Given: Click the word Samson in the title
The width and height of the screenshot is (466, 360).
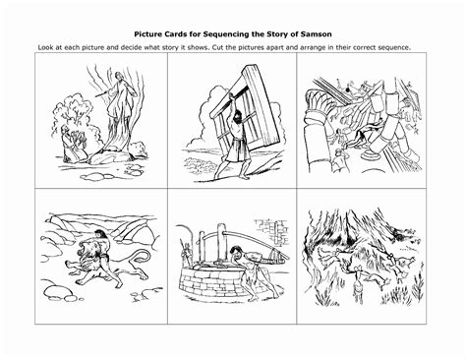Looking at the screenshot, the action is click(317, 34).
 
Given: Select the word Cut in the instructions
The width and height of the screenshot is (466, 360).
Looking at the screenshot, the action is click(218, 47).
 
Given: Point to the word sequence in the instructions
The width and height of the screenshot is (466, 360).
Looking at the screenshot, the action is click(394, 47).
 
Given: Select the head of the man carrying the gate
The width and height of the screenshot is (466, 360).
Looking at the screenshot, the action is click(238, 115).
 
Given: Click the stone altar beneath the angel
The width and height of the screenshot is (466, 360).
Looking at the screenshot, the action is click(110, 156).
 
